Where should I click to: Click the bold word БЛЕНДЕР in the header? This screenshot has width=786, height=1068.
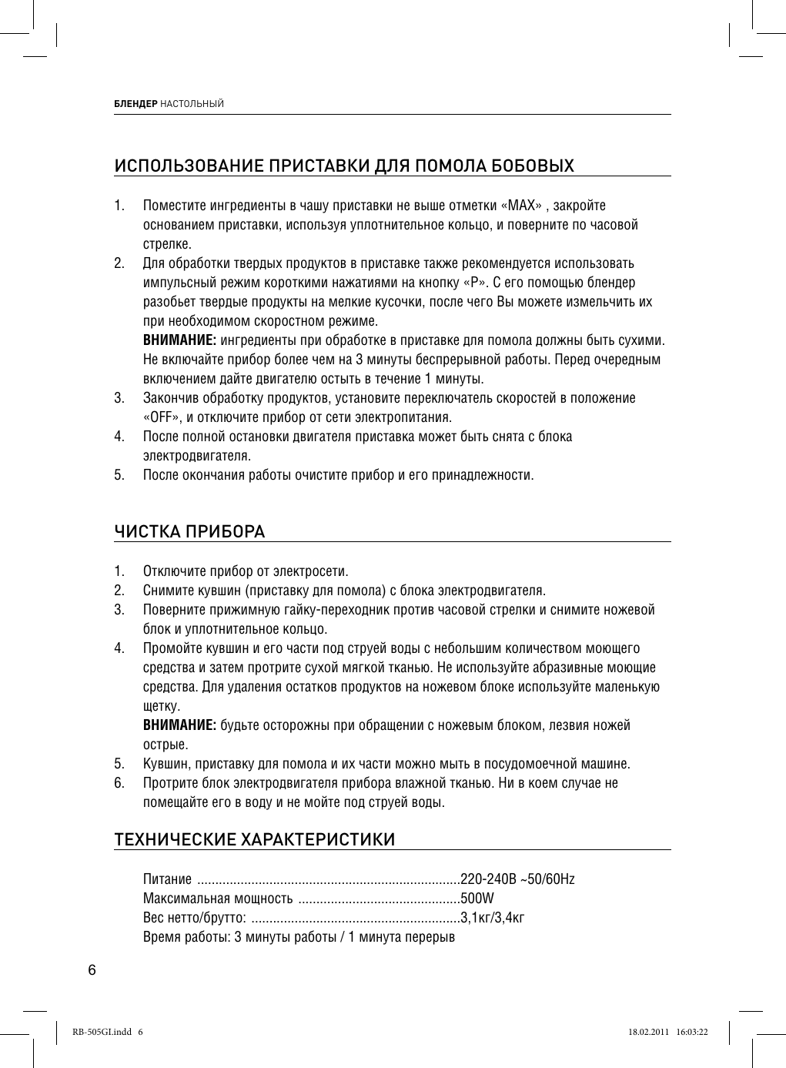135,104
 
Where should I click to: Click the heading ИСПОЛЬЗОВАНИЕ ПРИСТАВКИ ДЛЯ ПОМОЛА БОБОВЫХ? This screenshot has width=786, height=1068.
343,166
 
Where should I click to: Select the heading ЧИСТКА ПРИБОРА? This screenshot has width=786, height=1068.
189,532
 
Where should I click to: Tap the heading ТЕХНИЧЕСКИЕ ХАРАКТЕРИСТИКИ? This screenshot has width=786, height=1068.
255,839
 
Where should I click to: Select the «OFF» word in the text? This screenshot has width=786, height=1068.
162,418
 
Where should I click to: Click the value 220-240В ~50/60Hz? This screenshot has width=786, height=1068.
517,879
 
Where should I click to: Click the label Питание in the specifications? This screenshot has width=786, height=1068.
167,879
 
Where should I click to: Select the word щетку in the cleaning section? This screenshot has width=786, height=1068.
160,707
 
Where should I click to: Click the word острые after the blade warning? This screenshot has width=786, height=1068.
166,745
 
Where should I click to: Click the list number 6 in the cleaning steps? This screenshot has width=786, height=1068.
119,784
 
